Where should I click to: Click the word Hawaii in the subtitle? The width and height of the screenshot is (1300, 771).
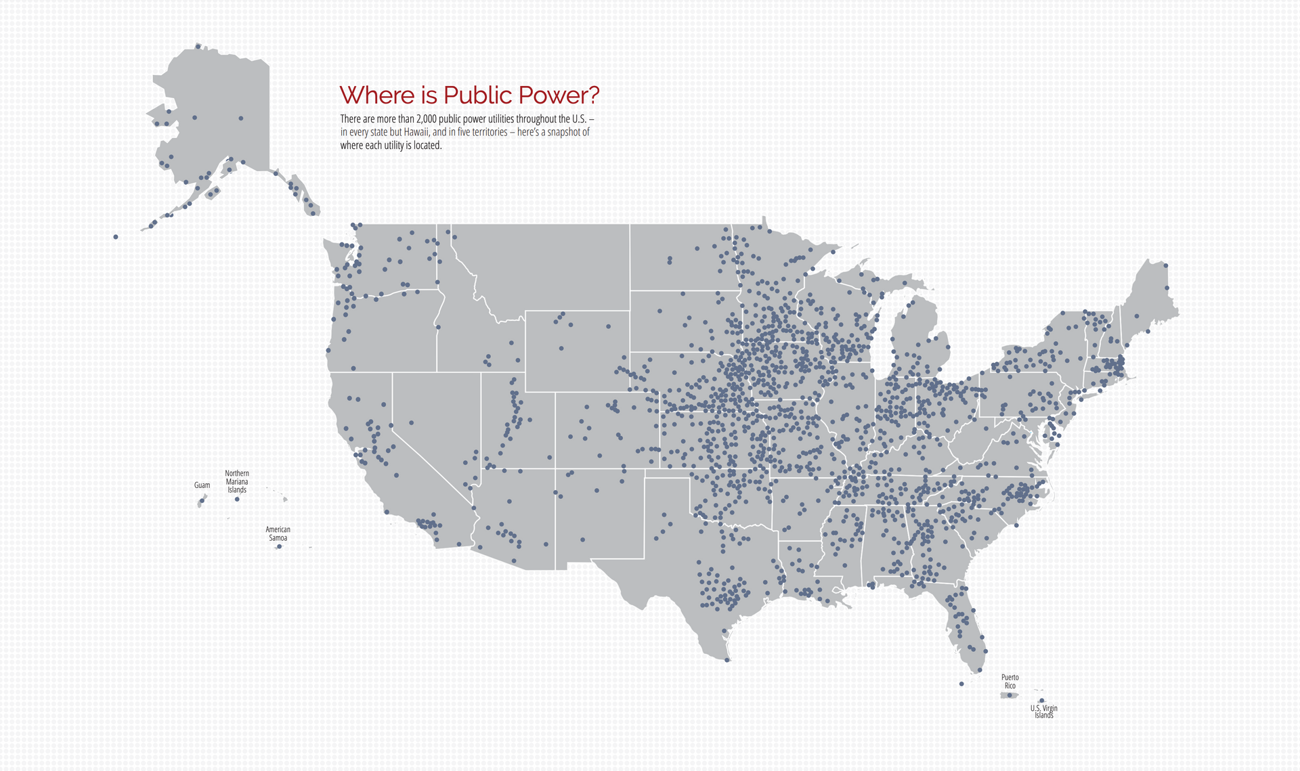pos(416,132)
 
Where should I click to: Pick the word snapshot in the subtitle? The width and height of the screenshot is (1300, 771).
pos(564,132)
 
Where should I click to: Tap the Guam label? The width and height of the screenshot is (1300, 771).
pos(202,485)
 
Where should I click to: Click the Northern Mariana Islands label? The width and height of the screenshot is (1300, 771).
pos(237,481)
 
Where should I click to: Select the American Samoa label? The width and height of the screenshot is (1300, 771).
pos(278,533)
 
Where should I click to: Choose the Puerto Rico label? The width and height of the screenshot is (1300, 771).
pos(1010,681)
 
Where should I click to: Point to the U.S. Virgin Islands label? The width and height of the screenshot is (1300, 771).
pos(1043,711)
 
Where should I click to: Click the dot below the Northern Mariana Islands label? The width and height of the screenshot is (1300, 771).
pos(237,499)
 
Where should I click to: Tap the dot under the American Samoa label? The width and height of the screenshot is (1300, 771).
pos(279,546)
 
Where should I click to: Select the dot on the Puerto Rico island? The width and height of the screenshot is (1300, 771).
pos(1009,695)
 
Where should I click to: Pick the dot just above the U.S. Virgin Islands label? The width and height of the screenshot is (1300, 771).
pos(1041,701)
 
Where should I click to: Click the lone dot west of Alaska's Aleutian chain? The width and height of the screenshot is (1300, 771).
pos(116,237)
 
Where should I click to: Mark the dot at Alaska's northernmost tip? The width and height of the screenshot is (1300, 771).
pos(198,46)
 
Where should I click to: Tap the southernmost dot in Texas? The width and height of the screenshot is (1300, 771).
pos(727,660)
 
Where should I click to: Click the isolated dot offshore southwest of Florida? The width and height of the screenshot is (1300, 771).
pos(961,684)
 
